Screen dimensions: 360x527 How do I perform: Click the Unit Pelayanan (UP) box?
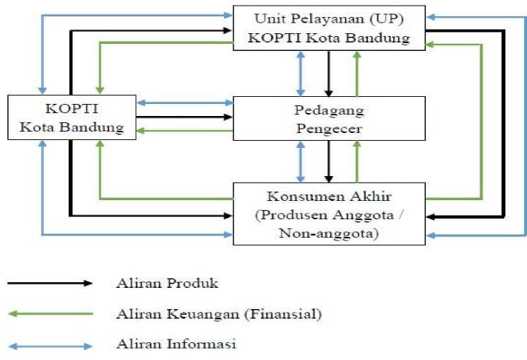click(x=329, y=28)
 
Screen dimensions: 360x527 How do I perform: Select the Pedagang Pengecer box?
click(x=329, y=118)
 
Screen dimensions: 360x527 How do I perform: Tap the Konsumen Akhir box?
click(x=329, y=213)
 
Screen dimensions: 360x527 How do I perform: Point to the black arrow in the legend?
click(x=50, y=284)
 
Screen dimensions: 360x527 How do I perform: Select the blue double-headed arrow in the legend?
click(x=50, y=346)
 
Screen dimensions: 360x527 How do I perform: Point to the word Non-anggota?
click(x=329, y=231)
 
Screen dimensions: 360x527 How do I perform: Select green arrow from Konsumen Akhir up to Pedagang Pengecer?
click(x=357, y=161)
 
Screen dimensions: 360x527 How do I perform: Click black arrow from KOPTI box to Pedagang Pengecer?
click(x=184, y=117)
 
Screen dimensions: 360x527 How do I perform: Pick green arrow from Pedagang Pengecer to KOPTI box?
click(x=184, y=130)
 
